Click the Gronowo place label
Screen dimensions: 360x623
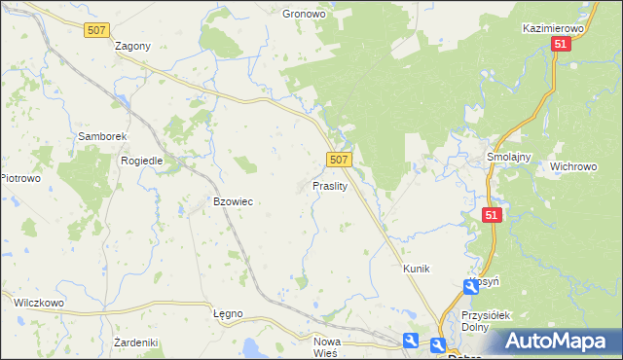tap(303, 15)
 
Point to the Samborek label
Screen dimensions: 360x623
tap(97, 137)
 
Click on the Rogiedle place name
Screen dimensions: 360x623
tap(140, 161)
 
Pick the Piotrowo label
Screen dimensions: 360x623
tap(19, 178)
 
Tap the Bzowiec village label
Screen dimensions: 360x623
tap(233, 201)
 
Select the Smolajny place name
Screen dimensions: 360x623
tap(506, 156)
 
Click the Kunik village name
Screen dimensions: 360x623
tap(416, 268)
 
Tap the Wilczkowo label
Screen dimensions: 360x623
tap(38, 303)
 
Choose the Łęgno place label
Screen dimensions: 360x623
tap(227, 313)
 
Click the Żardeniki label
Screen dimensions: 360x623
tap(135, 342)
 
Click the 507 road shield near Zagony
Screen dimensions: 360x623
tap(95, 31)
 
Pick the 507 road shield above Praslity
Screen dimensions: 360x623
tap(338, 159)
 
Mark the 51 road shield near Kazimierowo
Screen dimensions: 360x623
tap(560, 46)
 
